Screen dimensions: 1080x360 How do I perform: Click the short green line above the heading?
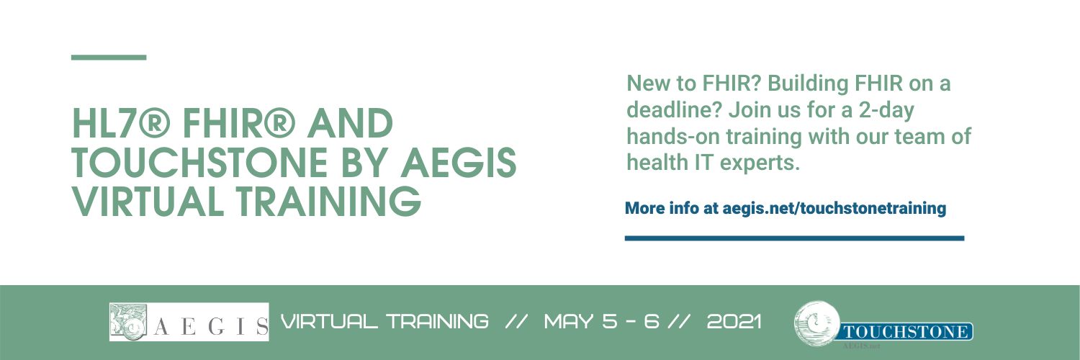point(109,58)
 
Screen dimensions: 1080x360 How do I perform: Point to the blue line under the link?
point(794,238)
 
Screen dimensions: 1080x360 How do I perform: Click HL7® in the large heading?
point(121,123)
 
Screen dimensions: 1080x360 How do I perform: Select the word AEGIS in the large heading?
point(459,163)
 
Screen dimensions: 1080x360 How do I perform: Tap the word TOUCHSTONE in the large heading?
point(200,163)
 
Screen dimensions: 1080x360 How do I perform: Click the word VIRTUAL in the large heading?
point(148,201)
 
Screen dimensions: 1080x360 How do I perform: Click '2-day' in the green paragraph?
point(886,111)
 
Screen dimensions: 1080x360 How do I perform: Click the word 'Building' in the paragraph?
point(808,84)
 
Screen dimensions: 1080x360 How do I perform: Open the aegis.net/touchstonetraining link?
point(834,208)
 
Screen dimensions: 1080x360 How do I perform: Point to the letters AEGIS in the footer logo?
point(211,327)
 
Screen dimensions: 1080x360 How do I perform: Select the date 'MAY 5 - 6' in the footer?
point(602,321)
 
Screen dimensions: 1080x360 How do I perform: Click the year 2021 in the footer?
point(734,321)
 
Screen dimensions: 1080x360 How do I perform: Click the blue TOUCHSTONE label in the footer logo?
point(906,332)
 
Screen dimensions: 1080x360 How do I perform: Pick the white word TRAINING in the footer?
point(437,321)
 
